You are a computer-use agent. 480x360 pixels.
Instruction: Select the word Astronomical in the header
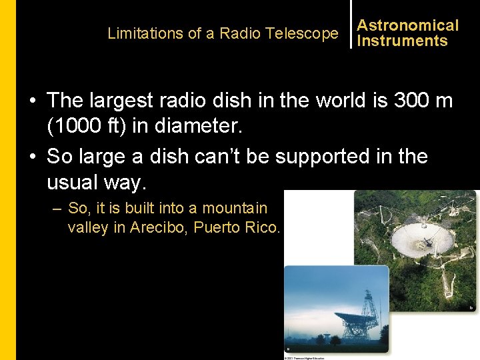408,25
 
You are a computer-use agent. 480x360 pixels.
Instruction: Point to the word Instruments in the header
402,41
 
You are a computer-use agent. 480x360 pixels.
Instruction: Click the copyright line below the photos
305,357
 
